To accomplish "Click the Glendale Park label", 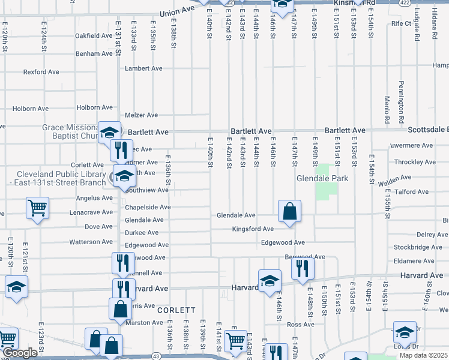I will (x=318, y=179).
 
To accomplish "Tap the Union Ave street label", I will (x=178, y=12).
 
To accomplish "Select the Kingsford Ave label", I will (x=253, y=229).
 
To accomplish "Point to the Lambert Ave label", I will (x=143, y=69).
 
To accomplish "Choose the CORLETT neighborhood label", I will (x=176, y=310).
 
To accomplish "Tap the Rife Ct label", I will (x=400, y=24).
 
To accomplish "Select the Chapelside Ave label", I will (x=148, y=208).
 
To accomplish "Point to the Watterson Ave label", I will (x=91, y=242).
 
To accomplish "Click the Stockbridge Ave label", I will (x=418, y=247).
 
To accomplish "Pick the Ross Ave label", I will (x=301, y=325).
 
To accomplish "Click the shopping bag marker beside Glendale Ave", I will (x=289, y=211).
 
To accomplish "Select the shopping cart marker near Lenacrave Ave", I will (x=37, y=208).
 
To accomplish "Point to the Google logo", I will (x=21, y=353).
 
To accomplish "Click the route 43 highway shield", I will (x=156, y=356).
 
